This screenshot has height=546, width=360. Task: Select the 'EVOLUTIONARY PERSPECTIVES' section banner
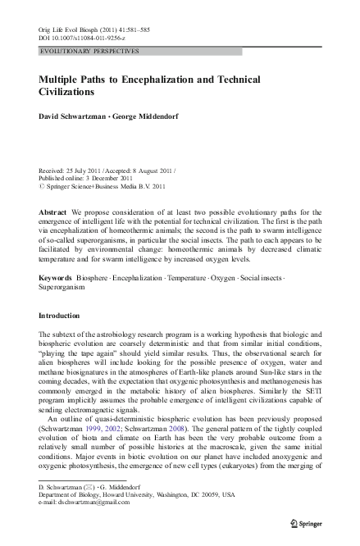90,51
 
